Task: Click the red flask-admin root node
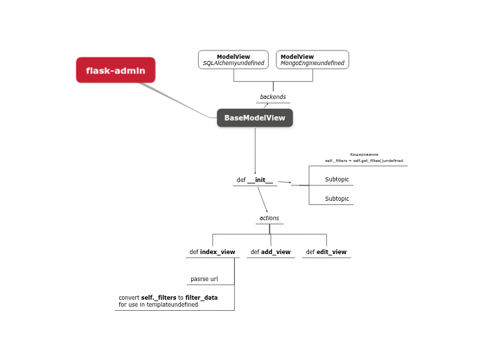(x=116, y=70)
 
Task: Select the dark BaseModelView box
(x=254, y=118)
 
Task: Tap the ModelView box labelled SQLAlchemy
(x=233, y=60)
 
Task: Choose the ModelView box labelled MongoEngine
(x=312, y=60)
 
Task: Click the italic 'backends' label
(x=272, y=97)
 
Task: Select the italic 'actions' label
(x=269, y=218)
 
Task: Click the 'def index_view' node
(x=212, y=252)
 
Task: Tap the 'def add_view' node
(x=270, y=252)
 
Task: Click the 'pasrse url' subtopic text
(x=204, y=280)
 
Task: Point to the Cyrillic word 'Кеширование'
(x=364, y=154)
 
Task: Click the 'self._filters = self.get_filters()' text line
(x=364, y=161)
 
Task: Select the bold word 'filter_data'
(x=201, y=298)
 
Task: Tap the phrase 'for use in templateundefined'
(x=158, y=305)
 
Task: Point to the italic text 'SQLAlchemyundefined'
(x=233, y=63)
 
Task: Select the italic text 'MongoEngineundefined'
(x=312, y=63)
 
